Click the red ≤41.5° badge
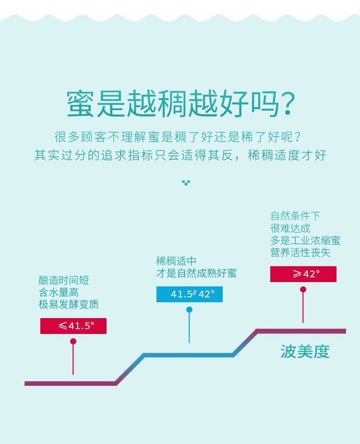[73, 326]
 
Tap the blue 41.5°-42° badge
[190, 294]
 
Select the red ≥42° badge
[303, 274]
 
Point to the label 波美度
[305, 351]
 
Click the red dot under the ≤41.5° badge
[73, 341]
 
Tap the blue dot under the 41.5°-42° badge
[189, 309]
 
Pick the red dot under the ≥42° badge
[303, 289]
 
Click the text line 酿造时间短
[64, 281]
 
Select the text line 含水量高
[59, 292]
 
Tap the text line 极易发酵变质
[69, 304]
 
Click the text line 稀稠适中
[176, 261]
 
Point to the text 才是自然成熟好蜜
[196, 273]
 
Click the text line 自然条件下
[295, 216]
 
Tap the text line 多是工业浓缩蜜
[305, 240]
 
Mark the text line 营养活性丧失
[300, 252]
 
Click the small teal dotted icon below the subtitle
[186, 182]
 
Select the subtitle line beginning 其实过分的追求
[180, 155]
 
